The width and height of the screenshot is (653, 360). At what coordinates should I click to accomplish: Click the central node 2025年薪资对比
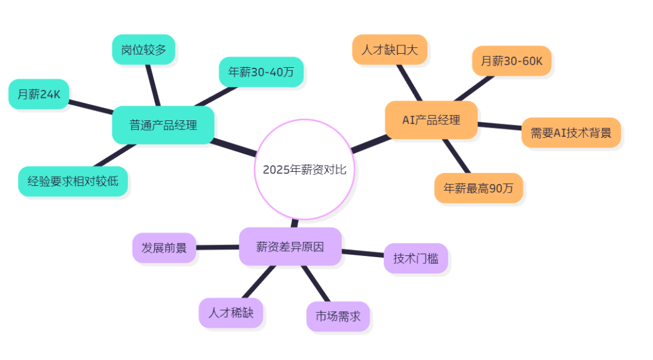tap(304, 169)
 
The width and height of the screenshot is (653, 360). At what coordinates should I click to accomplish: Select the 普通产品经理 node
tap(163, 125)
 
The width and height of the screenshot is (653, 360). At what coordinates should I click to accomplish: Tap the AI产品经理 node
tap(431, 120)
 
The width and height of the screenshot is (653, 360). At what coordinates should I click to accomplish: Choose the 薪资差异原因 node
tap(290, 246)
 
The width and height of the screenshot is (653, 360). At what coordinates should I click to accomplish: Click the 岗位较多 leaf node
tap(143, 50)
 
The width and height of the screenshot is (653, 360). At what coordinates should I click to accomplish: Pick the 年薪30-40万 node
tap(261, 72)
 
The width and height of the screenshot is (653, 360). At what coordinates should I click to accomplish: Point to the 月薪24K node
tap(39, 94)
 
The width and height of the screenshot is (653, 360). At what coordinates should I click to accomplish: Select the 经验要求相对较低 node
tap(73, 181)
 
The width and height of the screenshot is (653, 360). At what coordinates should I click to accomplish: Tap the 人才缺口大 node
tap(389, 50)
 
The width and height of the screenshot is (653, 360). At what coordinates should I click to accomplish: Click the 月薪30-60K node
tap(512, 61)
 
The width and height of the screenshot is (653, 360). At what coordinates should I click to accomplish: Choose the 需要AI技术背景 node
tap(571, 133)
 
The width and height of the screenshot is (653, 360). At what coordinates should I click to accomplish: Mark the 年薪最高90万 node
tap(478, 188)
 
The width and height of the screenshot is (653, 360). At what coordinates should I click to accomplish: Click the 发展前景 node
tap(164, 247)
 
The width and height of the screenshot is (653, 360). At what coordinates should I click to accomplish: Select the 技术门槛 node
tap(415, 258)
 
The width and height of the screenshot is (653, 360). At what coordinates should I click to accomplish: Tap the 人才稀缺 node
tap(230, 313)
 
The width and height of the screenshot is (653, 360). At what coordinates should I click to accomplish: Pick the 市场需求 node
tap(337, 316)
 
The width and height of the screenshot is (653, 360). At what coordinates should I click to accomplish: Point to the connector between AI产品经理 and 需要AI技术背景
tap(499, 126)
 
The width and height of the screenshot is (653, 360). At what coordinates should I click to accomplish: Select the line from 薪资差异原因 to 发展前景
tap(218, 247)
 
